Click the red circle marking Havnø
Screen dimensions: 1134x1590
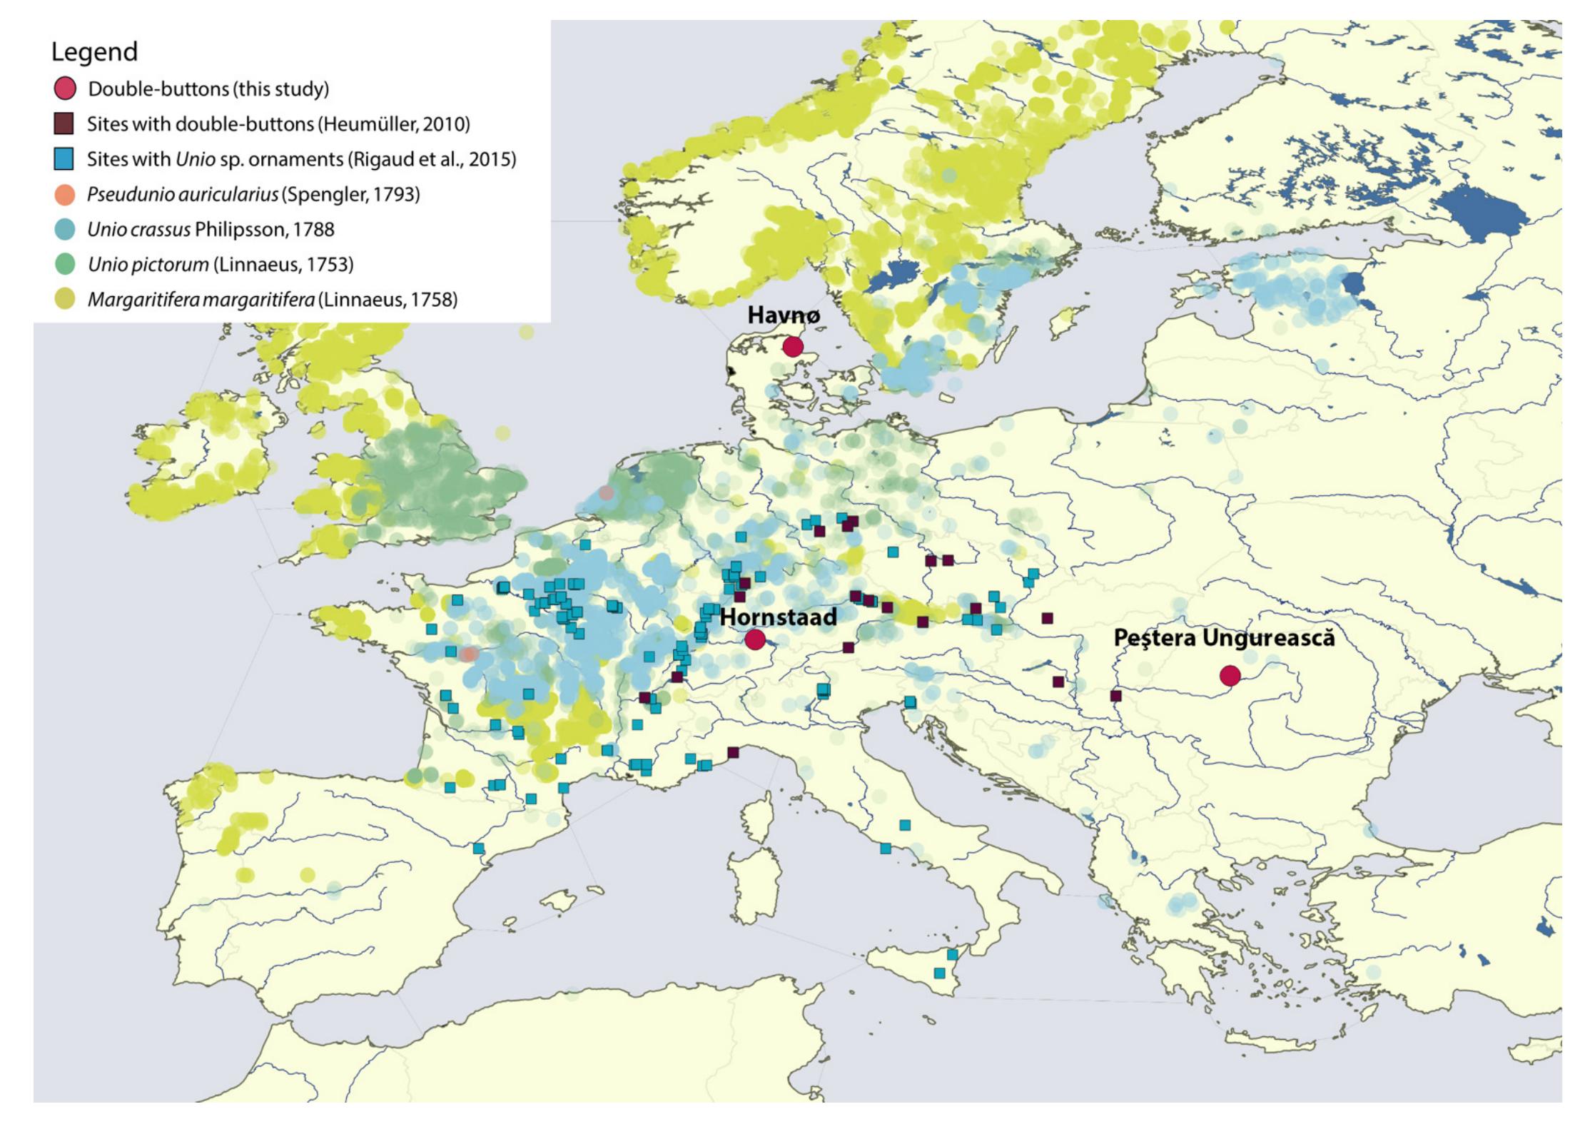[793, 347]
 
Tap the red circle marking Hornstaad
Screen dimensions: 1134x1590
[755, 639]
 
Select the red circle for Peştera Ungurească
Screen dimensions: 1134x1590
[1229, 675]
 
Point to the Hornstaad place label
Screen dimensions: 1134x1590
[778, 617]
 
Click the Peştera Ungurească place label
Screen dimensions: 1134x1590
[1223, 638]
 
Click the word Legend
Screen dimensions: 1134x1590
[94, 52]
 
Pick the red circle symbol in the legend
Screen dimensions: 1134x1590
[64, 89]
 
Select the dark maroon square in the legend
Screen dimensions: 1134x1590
[64, 124]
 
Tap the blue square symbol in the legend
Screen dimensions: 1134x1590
[64, 159]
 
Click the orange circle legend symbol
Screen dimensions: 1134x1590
[64, 194]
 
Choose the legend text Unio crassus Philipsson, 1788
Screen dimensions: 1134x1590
[211, 229]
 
